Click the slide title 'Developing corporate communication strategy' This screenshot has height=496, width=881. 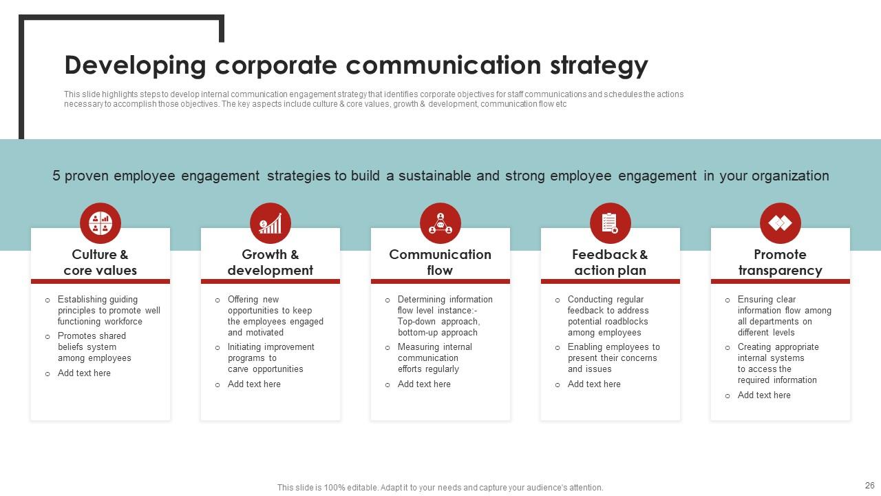pyautogui.click(x=356, y=65)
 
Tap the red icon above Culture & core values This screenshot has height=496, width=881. pyautogui.click(x=100, y=223)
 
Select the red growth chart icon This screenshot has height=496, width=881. pyautogui.click(x=270, y=223)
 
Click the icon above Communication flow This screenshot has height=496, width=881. pyautogui.click(x=440, y=223)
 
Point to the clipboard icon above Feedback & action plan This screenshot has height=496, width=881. pyautogui.click(x=611, y=223)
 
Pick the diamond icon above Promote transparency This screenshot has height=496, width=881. pyautogui.click(x=781, y=223)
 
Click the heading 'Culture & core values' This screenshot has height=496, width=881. pyautogui.click(x=100, y=262)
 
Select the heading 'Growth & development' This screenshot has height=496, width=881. pyautogui.click(x=270, y=262)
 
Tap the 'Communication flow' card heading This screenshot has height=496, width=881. pyautogui.click(x=440, y=262)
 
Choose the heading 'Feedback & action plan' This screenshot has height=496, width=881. pyautogui.click(x=611, y=262)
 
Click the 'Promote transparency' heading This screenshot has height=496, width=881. pyautogui.click(x=781, y=262)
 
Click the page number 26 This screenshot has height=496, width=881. pyautogui.click(x=869, y=486)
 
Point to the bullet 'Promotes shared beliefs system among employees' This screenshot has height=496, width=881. pyautogui.click(x=94, y=347)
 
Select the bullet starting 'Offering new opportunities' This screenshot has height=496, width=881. pyautogui.click(x=275, y=316)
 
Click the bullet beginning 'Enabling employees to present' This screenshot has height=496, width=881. pyautogui.click(x=613, y=358)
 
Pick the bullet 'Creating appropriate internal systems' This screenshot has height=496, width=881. pyautogui.click(x=777, y=364)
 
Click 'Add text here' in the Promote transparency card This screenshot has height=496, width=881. pyautogui.click(x=764, y=395)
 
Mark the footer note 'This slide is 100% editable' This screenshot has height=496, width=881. pyautogui.click(x=440, y=488)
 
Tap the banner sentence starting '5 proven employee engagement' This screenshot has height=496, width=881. pyautogui.click(x=440, y=176)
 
